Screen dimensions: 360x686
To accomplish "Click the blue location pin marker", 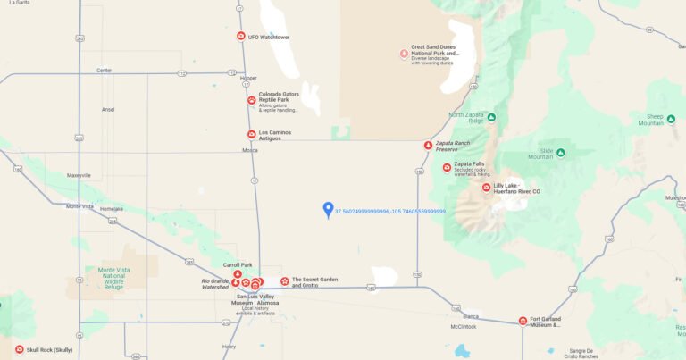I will (328, 209).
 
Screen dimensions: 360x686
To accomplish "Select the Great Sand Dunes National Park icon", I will (404, 54).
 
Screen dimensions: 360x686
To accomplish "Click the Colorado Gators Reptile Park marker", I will (252, 100).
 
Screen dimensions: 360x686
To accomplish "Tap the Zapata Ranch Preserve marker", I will (428, 145).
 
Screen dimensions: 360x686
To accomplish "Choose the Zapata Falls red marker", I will (447, 167).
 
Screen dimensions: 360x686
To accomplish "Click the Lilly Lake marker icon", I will (486, 188).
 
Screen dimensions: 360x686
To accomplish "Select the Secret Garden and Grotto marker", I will (285, 281).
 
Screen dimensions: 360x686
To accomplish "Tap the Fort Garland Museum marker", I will (523, 321).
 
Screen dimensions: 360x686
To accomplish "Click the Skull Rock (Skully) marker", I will (19, 349).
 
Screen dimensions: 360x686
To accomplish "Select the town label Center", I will (104, 71).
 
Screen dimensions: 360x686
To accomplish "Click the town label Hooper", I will (248, 78).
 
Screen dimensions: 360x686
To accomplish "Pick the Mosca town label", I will (249, 150).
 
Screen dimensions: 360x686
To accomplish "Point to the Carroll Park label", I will (238, 265).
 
